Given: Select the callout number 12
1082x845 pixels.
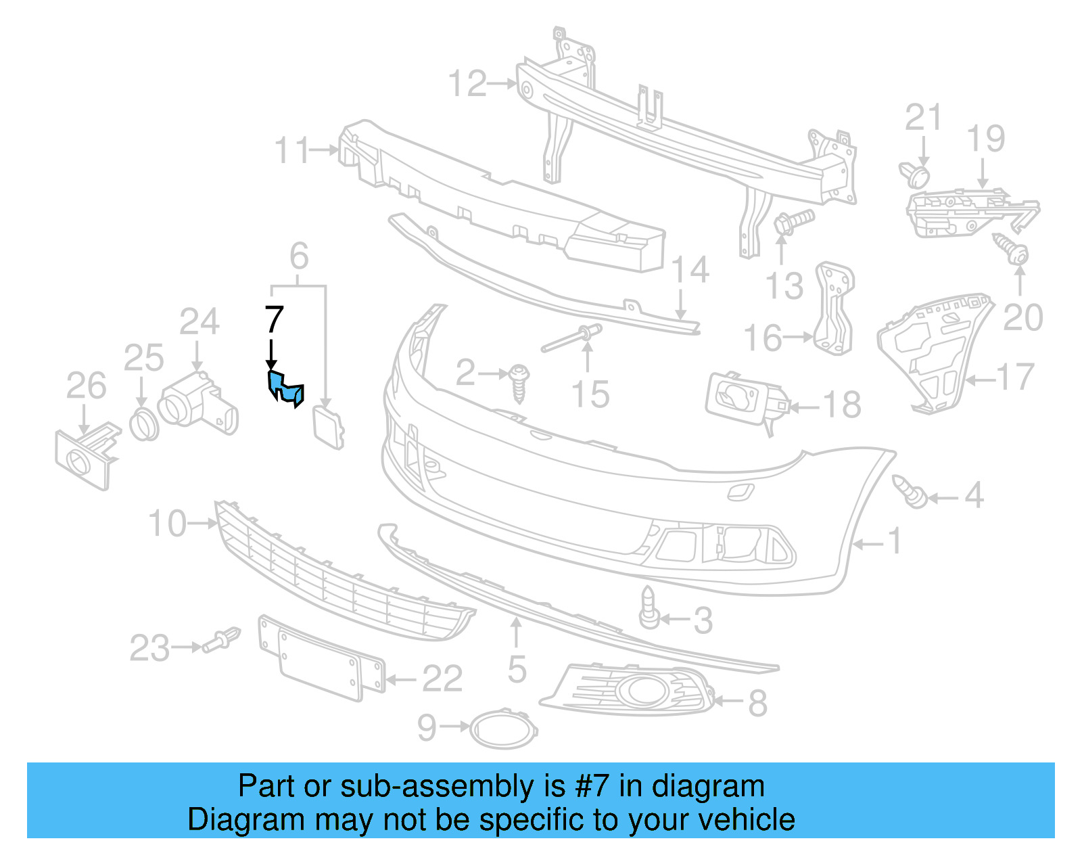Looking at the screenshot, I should pos(467,84).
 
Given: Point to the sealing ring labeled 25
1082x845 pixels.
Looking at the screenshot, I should pos(143,424).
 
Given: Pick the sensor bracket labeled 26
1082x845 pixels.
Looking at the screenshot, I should pos(85,457).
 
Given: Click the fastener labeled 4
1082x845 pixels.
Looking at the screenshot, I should pos(909,492).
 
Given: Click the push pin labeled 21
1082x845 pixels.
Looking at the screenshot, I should pos(916,174).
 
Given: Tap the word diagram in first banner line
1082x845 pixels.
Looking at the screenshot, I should pos(708,787).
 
